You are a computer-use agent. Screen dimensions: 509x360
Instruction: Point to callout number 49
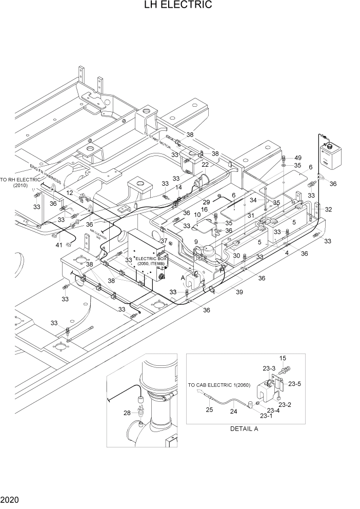(x=298, y=157)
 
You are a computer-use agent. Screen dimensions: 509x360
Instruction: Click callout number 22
(x=205, y=165)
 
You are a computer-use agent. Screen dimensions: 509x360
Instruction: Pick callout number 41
(x=60, y=245)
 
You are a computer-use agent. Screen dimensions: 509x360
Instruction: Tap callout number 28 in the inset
(x=127, y=413)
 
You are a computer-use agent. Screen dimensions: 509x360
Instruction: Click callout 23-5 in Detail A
(x=294, y=383)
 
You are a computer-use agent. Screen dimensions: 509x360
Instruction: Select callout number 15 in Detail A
(x=282, y=358)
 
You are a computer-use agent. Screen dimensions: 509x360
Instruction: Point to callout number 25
(x=209, y=410)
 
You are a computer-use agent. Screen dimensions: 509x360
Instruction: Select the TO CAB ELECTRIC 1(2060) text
(x=212, y=385)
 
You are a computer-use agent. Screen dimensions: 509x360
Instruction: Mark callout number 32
(x=328, y=209)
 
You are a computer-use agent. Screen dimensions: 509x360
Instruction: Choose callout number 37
(x=164, y=241)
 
